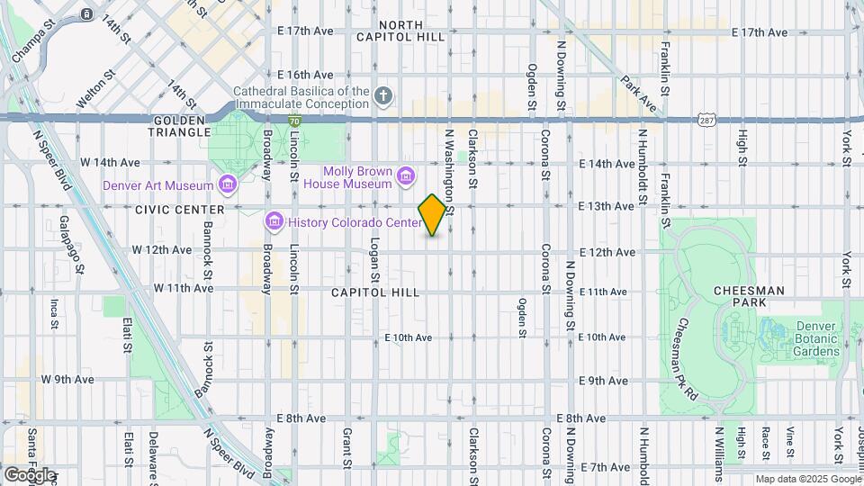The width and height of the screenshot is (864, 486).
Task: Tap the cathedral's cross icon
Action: click(x=383, y=95)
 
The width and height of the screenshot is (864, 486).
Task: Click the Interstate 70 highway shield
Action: click(x=294, y=120)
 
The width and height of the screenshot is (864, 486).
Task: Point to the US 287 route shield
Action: click(x=706, y=120)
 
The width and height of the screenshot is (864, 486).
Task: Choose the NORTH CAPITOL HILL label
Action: click(x=412, y=31)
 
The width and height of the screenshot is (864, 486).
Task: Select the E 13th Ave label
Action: click(x=607, y=207)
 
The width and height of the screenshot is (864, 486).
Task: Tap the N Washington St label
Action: click(x=449, y=171)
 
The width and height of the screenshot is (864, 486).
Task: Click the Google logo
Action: click(x=30, y=474)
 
